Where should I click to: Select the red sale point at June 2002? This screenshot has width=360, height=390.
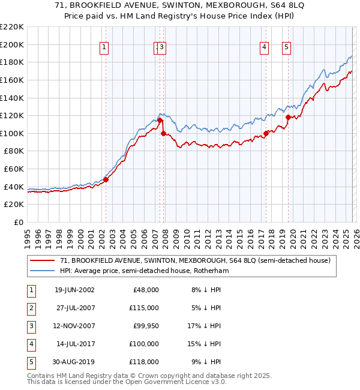(106, 179)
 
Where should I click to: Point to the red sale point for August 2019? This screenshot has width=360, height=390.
(288, 117)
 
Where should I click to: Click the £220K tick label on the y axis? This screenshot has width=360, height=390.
(12, 27)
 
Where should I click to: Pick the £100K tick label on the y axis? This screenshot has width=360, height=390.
(12, 133)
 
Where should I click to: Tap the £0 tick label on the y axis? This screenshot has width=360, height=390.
(18, 222)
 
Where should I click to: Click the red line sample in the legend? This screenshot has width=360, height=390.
(43, 260)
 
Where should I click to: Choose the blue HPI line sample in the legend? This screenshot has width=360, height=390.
(43, 271)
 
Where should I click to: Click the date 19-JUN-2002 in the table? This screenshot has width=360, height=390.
(74, 290)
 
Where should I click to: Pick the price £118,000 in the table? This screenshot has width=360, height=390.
(143, 362)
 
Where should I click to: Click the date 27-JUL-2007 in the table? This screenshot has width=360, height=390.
(74, 308)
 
